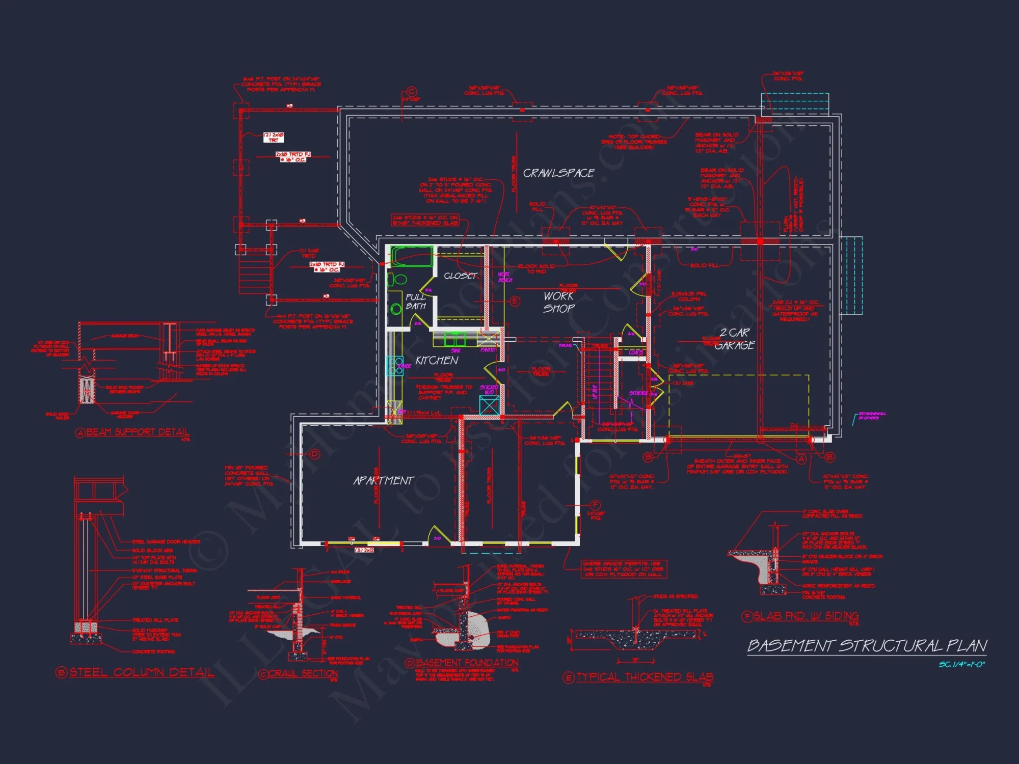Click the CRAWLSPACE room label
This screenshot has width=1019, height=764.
(558, 173)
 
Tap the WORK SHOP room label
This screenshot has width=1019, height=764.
(558, 302)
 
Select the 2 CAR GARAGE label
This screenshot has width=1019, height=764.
(734, 339)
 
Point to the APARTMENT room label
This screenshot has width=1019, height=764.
(383, 481)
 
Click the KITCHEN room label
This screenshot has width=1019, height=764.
(437, 361)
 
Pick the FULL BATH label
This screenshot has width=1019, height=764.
(416, 302)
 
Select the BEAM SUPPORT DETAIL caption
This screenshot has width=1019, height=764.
(138, 432)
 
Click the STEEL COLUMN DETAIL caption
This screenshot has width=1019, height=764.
(142, 672)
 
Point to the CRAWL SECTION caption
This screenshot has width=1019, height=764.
(303, 673)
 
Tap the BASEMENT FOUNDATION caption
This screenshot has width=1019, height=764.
(467, 663)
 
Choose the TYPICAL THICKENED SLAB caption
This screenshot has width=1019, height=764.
(644, 677)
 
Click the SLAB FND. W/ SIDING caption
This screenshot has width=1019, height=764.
(806, 616)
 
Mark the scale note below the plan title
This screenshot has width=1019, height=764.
(961, 665)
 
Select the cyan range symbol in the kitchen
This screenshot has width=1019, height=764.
(395, 366)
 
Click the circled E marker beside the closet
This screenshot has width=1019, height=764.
(515, 302)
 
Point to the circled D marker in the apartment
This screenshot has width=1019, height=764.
(314, 454)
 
